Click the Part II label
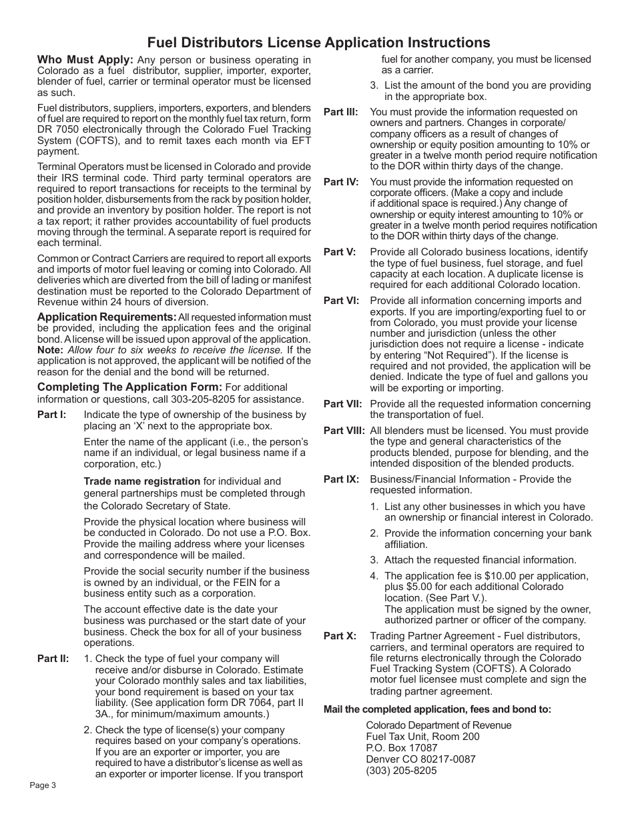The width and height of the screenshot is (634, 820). (x=53, y=659)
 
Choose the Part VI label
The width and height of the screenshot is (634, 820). (x=341, y=301)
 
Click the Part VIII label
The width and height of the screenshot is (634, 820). (x=344, y=431)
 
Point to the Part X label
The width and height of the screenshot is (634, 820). (x=340, y=636)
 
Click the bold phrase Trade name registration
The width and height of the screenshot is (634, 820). (x=141, y=481)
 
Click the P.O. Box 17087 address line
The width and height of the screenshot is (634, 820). (x=402, y=748)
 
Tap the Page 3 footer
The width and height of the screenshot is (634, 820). (x=43, y=785)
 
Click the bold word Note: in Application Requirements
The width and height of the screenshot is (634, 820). (x=50, y=350)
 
